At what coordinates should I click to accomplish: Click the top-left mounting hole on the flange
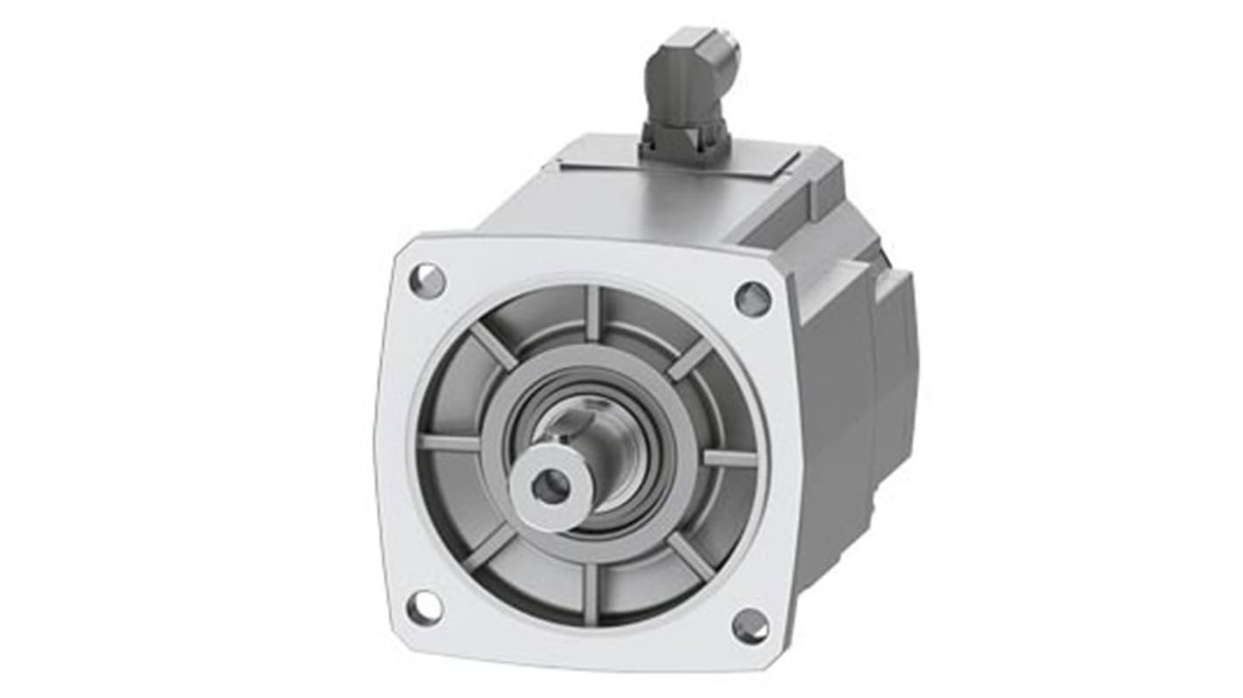(427, 281)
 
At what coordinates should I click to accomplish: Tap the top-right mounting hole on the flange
(752, 299)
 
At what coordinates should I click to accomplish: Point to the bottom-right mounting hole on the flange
(750, 626)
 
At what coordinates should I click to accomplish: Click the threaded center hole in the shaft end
(550, 486)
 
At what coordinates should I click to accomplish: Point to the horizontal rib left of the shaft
(448, 443)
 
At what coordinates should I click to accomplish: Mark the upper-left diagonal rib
(495, 346)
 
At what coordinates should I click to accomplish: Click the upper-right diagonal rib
(691, 359)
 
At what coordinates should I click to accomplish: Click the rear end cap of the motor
(897, 350)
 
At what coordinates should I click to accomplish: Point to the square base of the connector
(685, 139)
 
